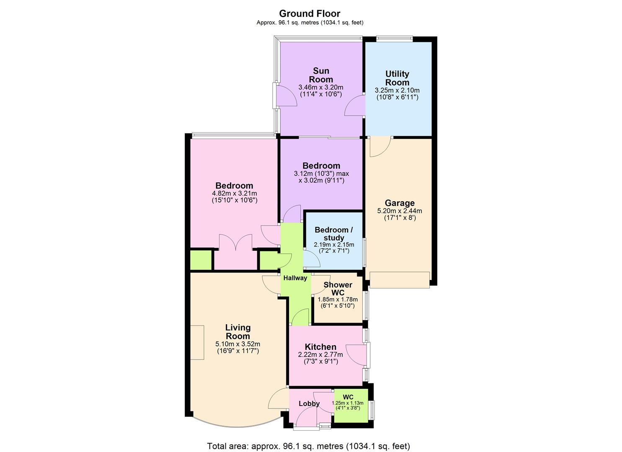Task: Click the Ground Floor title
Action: pos(310,13)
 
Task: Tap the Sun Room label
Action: pos(321,75)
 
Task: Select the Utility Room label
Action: pos(397,78)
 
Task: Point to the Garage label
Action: pos(400,203)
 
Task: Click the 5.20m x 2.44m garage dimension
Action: pos(400,211)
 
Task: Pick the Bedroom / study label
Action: pos(334,234)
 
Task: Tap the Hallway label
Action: pos(295,278)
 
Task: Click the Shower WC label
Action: pos(338,288)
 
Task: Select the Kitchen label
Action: pos(320,347)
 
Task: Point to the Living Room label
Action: pos(238,331)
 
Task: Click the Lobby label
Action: pos(309,404)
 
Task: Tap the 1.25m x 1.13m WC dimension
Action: pos(348,403)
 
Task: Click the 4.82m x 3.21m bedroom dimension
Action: pos(235,193)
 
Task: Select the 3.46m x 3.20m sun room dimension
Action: pos(321,87)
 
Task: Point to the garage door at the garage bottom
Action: pos(400,280)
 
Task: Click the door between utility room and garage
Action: pos(380,146)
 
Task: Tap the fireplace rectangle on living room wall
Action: pos(197,342)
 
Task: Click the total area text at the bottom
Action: pos(309,446)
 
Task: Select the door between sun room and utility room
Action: pos(355,105)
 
